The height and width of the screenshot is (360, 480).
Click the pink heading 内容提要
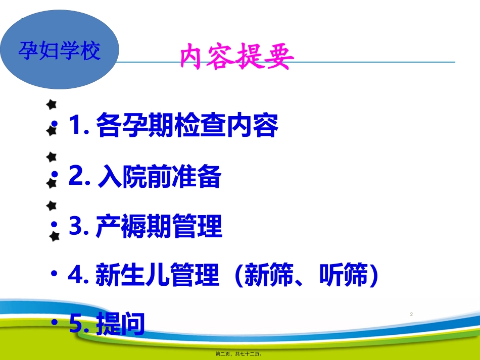[236, 58]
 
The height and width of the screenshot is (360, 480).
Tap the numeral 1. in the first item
[79, 126]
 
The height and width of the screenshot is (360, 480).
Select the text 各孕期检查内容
[186, 126]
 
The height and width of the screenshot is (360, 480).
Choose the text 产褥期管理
[159, 227]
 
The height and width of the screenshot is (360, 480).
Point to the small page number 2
[411, 315]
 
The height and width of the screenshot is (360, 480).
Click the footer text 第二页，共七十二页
[239, 354]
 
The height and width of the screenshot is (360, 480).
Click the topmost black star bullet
[51, 105]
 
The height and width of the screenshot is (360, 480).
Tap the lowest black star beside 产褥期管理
[55, 236]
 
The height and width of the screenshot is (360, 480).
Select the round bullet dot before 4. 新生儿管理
[54, 273]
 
